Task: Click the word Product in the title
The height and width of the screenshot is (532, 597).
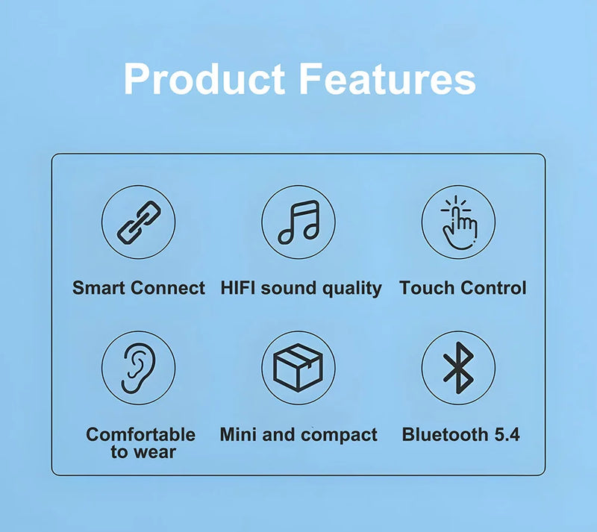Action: pyautogui.click(x=204, y=79)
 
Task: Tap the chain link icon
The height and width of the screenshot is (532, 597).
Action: pyautogui.click(x=138, y=222)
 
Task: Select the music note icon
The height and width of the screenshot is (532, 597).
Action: pyautogui.click(x=298, y=222)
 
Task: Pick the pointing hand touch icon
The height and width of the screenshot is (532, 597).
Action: pyautogui.click(x=458, y=222)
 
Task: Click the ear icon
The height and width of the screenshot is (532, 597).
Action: pyautogui.click(x=138, y=368)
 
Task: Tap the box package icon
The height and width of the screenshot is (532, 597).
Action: pyautogui.click(x=298, y=368)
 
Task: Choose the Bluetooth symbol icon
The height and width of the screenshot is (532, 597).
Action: pyautogui.click(x=458, y=368)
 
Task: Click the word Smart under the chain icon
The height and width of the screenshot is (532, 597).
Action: pyautogui.click(x=99, y=288)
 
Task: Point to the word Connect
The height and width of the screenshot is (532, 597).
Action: pyautogui.click(x=168, y=288)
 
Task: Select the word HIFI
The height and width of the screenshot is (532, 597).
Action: pyautogui.click(x=238, y=288)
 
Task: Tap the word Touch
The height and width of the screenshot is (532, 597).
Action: pyautogui.click(x=426, y=288)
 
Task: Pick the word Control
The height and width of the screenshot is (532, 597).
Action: pyautogui.click(x=493, y=288)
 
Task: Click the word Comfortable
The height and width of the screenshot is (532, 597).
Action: pyautogui.click(x=140, y=434)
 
